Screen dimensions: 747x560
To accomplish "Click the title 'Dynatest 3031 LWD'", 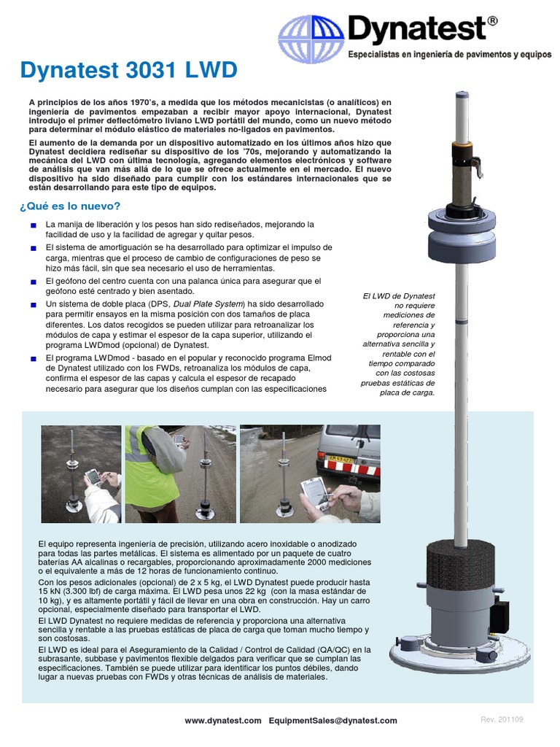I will (128, 71).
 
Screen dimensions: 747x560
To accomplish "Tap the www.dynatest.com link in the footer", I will (222, 720).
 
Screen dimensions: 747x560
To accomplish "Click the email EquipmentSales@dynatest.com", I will (332, 720).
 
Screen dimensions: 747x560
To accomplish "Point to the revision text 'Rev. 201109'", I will (502, 720).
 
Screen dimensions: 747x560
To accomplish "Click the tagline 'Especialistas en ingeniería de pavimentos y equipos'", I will (450, 55).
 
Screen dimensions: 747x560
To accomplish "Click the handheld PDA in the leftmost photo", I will (92, 478).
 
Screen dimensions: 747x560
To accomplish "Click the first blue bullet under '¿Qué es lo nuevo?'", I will (33, 225).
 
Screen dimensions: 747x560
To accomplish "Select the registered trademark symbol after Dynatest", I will (493, 22).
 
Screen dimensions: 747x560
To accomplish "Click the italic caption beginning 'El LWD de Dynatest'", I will (398, 344).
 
